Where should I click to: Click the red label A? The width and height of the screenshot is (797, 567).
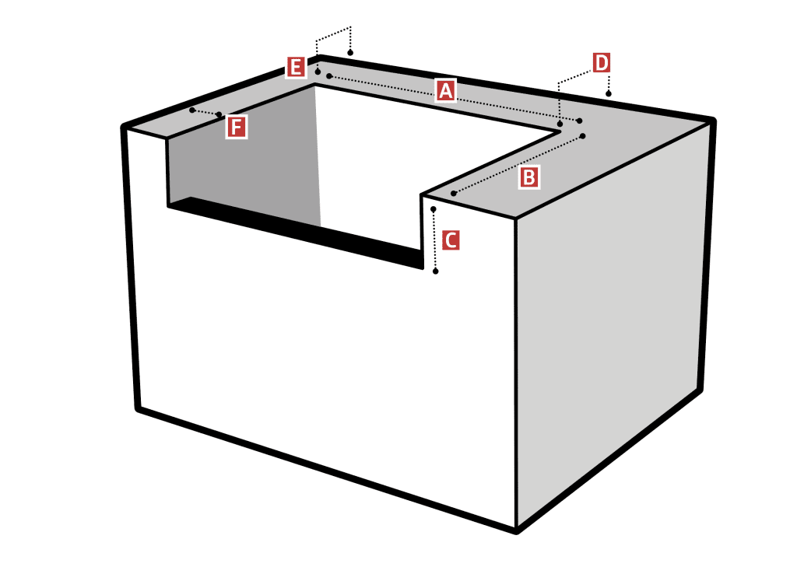pos(445,91)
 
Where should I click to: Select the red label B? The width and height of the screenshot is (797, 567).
pos(528,178)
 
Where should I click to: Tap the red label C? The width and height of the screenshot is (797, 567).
pos(451,240)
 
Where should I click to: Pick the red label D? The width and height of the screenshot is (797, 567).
pos(602,64)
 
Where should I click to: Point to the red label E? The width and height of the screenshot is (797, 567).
pos(296,67)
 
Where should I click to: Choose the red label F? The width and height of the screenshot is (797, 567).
pos(236,127)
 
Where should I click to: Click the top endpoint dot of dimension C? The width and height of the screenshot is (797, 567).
pos(433,209)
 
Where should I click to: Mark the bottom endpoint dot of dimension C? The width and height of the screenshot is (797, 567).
pos(436,271)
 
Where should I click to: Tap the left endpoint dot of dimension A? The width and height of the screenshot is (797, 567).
pos(329,76)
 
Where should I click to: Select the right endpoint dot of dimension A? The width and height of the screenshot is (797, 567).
pos(579,121)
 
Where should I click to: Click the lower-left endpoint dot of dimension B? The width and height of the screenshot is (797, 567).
pos(454,194)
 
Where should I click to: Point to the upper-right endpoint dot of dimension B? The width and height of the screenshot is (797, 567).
pos(582,135)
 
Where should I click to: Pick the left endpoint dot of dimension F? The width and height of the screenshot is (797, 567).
pos(192,110)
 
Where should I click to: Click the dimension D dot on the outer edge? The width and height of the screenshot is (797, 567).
pos(609,94)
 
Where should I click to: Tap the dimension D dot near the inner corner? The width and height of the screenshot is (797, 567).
pos(560,124)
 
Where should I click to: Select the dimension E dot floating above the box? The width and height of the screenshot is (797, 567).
pos(350,53)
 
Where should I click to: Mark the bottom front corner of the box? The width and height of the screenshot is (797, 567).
pos(516,531)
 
